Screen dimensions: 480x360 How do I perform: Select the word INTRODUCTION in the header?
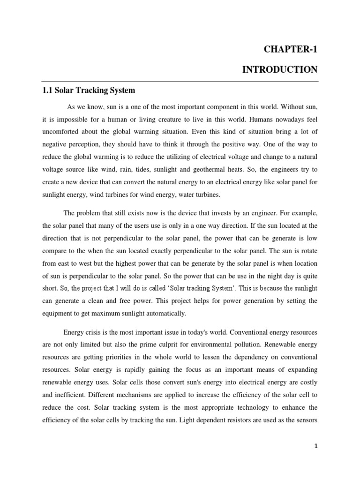[280, 70]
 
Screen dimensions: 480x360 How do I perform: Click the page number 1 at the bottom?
[316, 446]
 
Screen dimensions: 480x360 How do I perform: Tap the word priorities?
[120, 358]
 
